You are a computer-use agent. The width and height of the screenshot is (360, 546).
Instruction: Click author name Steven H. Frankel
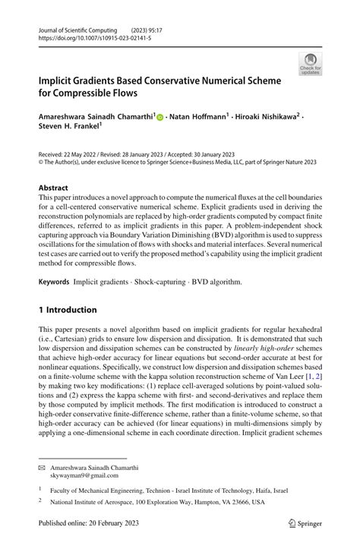tap(69, 128)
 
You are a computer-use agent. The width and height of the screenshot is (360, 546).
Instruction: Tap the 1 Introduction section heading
tap(68, 289)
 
